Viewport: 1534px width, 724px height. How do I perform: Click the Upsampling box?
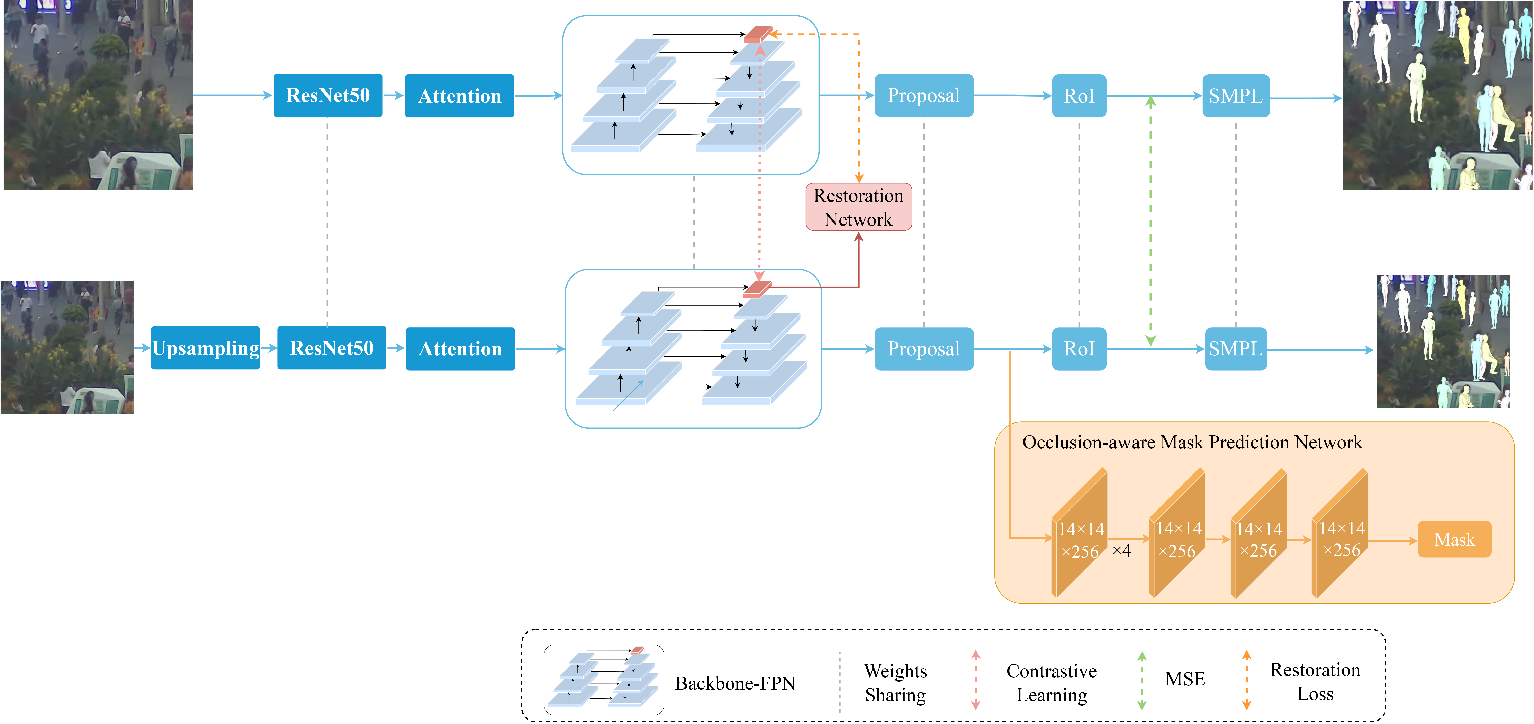click(x=205, y=348)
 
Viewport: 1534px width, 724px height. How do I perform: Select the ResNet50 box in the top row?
click(x=327, y=95)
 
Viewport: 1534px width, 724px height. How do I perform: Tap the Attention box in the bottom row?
click(x=460, y=349)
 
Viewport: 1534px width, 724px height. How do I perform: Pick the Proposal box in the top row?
click(x=924, y=95)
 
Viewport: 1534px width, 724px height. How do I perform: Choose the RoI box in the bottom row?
click(x=1079, y=349)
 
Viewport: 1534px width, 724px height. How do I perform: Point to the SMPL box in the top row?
click(x=1236, y=95)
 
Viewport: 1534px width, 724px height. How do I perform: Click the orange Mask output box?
click(x=1454, y=539)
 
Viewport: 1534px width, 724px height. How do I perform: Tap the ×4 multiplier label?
click(x=1121, y=550)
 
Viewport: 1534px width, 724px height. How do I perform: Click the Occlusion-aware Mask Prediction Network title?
click(x=1192, y=442)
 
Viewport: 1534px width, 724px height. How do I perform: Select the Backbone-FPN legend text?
click(x=735, y=683)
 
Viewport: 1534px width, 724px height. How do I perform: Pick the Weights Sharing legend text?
click(x=896, y=683)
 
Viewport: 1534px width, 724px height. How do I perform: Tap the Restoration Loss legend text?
click(x=1315, y=682)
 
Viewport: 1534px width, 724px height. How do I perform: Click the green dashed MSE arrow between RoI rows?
click(x=1150, y=220)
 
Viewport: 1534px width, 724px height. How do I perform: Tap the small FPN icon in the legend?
click(x=603, y=679)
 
